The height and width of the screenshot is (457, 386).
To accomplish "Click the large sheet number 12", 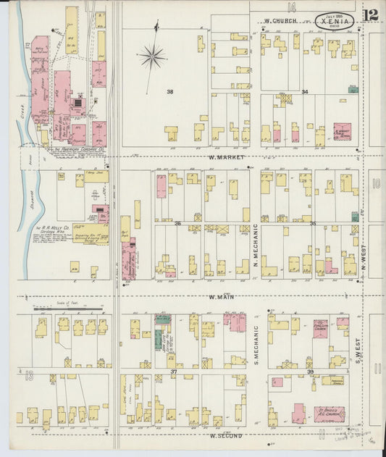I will pos(371,15).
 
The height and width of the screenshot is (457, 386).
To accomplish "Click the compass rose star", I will pos(153,55).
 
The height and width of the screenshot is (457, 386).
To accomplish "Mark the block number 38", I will pos(170,92).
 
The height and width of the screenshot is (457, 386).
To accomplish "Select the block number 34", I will pos(305,92).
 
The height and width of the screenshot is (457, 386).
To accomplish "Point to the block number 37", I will pos(174,372).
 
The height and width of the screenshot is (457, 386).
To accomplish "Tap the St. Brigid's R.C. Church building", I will pos(329,415).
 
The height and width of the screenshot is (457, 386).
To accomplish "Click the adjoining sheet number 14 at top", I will pos(291,7).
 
